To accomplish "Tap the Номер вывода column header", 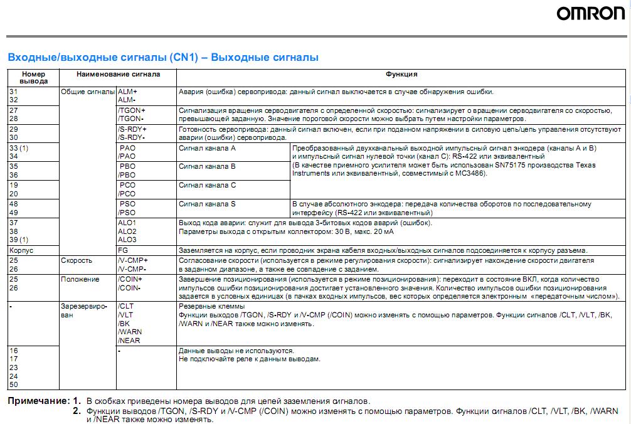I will point(33,77).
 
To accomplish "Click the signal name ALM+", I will point(127,91).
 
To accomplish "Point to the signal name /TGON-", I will point(131,118).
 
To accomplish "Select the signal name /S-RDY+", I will point(132,129).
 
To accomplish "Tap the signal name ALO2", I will point(127,231).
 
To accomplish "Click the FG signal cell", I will point(122,250).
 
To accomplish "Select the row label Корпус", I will point(21,250).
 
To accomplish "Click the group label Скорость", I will point(77,260).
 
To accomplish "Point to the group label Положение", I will point(80,279).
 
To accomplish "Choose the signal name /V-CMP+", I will point(132,260).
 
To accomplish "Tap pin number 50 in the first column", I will point(14,384).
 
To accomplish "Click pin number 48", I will point(14,204).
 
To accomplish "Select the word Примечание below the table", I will point(38,400).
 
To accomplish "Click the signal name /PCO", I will point(127,194).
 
